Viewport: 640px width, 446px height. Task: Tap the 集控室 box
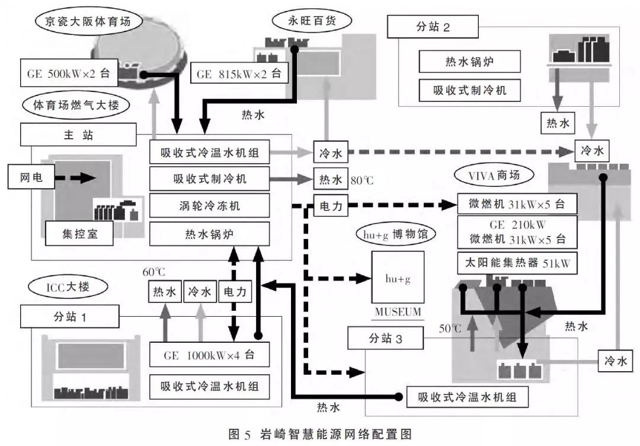(x=79, y=234)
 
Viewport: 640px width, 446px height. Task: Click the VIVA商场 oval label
(x=494, y=176)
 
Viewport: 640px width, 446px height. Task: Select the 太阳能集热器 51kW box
(x=517, y=263)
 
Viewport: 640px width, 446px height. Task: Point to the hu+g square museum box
(x=398, y=278)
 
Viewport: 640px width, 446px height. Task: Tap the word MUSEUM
(x=398, y=312)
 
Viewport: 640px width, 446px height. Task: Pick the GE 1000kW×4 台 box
(x=210, y=356)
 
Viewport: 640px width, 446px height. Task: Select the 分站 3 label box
(x=385, y=339)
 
